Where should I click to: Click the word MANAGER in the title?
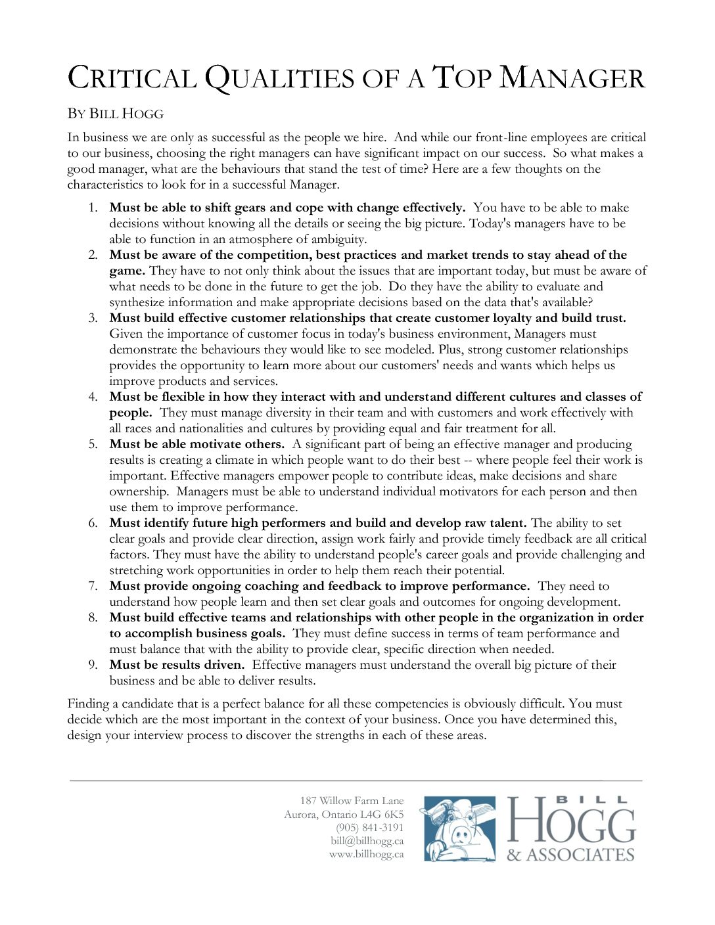[572, 79]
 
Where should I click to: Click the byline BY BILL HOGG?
[115, 114]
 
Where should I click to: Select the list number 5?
[93, 444]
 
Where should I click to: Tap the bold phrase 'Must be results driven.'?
[177, 665]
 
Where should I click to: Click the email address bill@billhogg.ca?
[367, 841]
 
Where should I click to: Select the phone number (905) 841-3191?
[369, 828]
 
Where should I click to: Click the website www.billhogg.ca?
[366, 854]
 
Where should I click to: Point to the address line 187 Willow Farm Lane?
[352, 800]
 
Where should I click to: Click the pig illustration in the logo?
[459, 829]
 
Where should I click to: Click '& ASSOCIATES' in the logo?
[570, 855]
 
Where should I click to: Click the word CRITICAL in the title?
[132, 79]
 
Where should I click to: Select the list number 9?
[93, 665]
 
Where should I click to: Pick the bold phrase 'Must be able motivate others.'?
[196, 444]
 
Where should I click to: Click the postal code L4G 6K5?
[382, 815]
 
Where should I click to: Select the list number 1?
[93, 208]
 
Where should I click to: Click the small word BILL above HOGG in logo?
[591, 800]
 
